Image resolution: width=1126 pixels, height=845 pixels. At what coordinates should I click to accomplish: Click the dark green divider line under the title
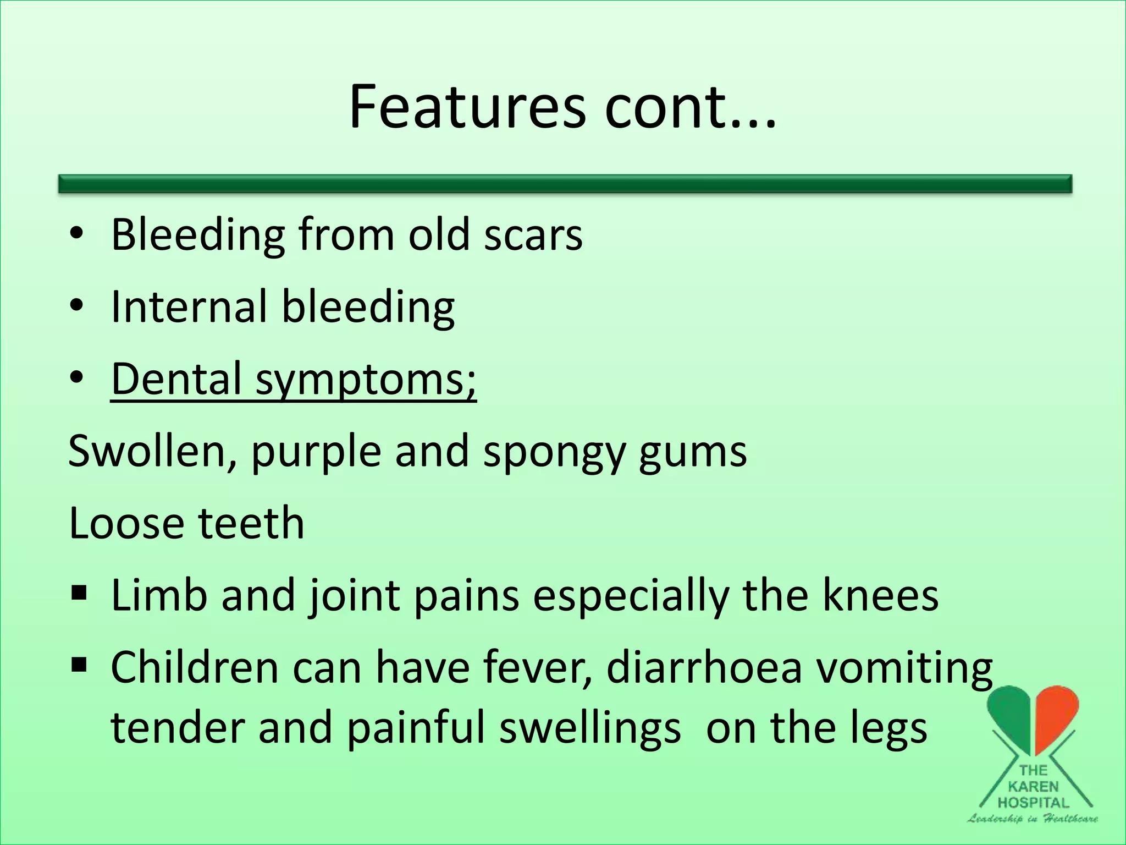[x=565, y=184]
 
